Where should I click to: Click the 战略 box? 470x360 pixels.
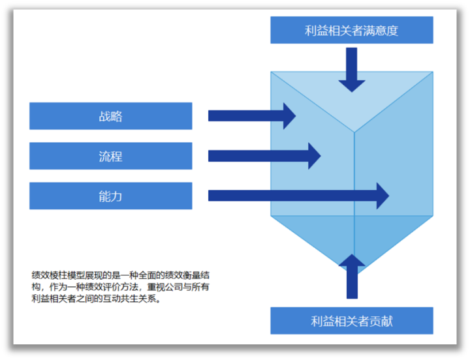coord(110,116)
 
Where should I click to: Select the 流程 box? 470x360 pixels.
coord(110,156)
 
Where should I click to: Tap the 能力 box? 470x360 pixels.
coord(110,196)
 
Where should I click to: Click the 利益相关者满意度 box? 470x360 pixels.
coord(351,30)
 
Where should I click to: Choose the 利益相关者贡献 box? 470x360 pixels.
coord(351,321)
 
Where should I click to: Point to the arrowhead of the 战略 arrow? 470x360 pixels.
coord(288,115)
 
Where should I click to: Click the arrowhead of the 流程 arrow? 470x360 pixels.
coord(313,156)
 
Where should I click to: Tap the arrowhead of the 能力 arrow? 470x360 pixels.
coord(381,196)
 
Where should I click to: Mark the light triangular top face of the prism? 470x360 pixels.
coord(352,98)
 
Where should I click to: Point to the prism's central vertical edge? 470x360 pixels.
coord(354,176)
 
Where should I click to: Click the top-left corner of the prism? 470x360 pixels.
coord(272,72)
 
